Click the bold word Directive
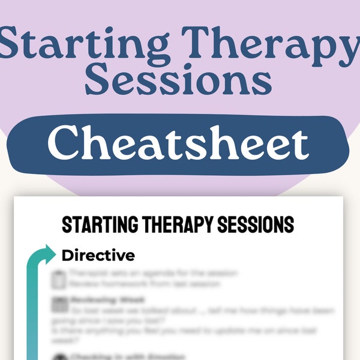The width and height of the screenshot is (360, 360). coord(98,255)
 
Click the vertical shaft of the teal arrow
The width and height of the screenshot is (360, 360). coord(32,312)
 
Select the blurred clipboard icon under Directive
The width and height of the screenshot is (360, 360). coord(59,278)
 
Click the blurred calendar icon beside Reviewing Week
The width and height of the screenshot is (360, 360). coord(59,305)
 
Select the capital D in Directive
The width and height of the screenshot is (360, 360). coord(67,255)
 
